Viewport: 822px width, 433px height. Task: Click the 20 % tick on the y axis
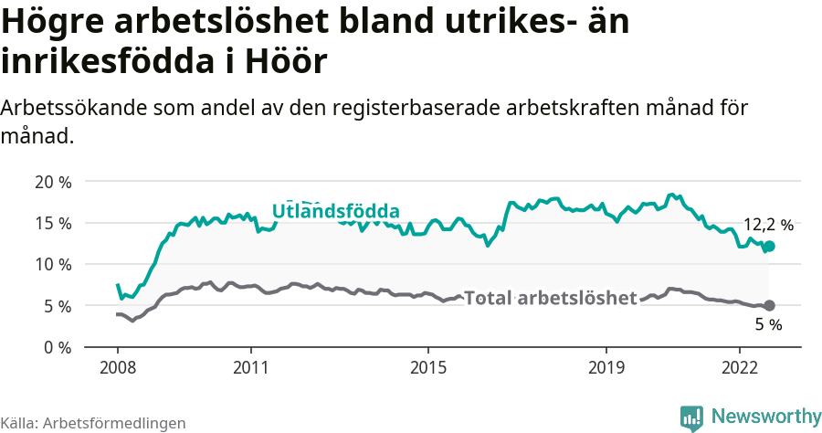[x=53, y=181]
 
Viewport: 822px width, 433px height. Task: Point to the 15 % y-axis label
[x=53, y=223]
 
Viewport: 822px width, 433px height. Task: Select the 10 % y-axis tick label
[x=53, y=264]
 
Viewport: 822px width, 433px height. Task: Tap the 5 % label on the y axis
[x=57, y=306]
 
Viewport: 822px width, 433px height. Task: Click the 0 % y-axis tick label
[x=57, y=347]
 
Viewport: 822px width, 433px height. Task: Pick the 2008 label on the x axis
[x=118, y=367]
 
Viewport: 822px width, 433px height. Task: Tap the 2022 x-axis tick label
[x=739, y=367]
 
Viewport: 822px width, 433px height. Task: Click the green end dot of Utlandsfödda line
[x=769, y=246]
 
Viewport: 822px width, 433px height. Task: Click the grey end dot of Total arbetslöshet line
[x=769, y=305]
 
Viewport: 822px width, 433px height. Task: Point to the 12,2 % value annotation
[x=768, y=224]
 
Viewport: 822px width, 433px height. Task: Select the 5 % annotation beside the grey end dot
[x=768, y=324]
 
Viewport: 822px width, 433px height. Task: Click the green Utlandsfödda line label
[x=335, y=211]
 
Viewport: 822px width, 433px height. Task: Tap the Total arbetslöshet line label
[x=550, y=298]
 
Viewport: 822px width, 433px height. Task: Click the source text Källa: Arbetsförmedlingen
[x=93, y=423]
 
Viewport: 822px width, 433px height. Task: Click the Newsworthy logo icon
[x=691, y=417]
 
